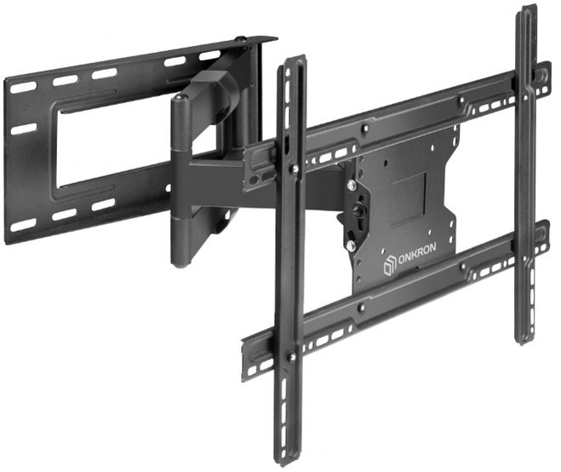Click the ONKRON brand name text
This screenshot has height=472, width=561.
tap(416, 254)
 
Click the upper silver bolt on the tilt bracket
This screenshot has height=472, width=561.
tap(351, 185)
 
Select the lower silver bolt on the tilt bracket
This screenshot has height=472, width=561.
tap(351, 245)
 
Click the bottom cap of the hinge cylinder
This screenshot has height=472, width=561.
tap(180, 264)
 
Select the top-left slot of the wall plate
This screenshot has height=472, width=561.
tap(23, 87)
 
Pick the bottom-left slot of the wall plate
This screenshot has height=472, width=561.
tap(23, 225)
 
